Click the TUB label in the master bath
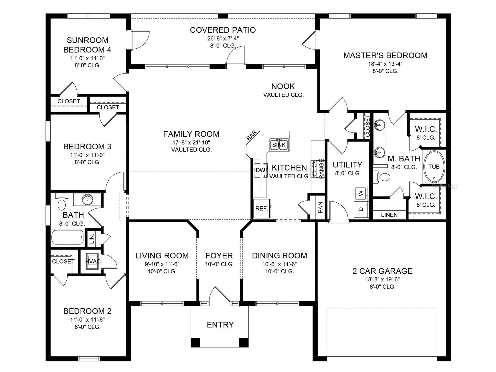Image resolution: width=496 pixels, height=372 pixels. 434,167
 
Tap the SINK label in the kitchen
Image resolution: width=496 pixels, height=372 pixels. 279,145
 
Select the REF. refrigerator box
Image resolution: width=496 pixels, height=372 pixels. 261,209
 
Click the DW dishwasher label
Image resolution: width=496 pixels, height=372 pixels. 260,170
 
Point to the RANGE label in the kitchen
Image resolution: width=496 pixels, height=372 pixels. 322,169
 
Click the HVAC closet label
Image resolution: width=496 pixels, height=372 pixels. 93,262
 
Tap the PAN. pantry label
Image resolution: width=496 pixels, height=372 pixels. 321,207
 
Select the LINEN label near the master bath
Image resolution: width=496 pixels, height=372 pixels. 389,215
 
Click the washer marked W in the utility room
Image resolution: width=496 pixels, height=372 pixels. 361,193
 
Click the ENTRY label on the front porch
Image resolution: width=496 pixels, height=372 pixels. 220,325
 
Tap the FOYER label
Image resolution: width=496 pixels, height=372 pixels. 219,256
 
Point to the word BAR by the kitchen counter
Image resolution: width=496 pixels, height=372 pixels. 251,136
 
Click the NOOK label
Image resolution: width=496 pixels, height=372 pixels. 283,86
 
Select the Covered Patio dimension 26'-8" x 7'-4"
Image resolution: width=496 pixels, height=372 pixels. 223,38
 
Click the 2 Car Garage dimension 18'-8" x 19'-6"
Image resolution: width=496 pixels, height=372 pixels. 382,279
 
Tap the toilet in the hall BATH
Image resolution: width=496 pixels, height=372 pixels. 62,205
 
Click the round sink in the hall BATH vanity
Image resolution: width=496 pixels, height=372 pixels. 87,199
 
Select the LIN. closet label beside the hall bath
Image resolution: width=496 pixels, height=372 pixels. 92,239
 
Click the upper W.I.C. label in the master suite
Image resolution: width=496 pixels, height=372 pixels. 426,129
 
